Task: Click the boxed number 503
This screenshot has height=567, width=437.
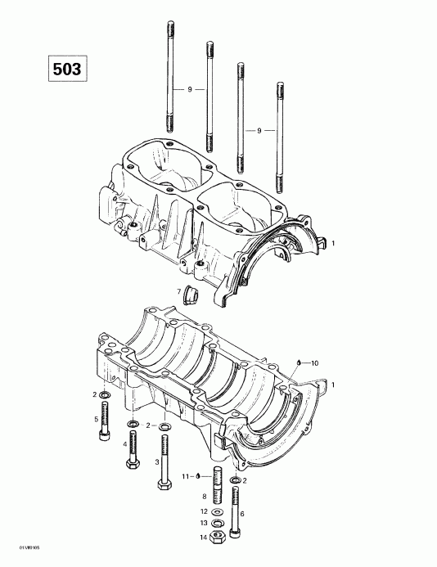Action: (x=66, y=70)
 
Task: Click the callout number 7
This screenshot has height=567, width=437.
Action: (x=178, y=291)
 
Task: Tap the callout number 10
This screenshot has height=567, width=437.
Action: (x=316, y=362)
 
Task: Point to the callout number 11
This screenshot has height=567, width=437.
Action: (x=186, y=475)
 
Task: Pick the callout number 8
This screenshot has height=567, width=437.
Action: (x=204, y=496)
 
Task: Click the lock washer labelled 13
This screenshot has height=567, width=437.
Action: (x=218, y=524)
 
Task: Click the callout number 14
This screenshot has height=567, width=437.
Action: (x=204, y=537)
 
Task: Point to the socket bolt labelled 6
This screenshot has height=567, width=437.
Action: (x=236, y=511)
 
